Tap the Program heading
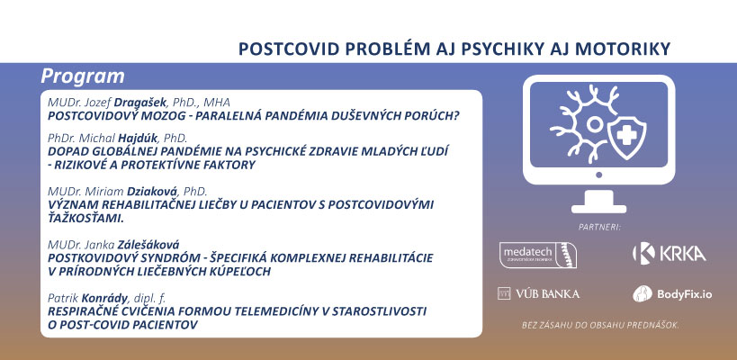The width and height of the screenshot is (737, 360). (x=83, y=76)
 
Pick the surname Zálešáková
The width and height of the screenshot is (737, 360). (x=148, y=245)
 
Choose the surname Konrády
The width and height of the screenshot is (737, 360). (x=104, y=298)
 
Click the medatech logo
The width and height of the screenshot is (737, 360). (x=538, y=255)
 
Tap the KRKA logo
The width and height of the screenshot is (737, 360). (x=670, y=254)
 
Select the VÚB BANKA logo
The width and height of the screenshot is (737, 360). (x=538, y=294)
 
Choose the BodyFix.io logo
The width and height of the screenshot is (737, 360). (x=672, y=294)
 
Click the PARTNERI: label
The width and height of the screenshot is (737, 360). (x=599, y=228)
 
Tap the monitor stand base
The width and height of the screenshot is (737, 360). (x=598, y=208)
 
